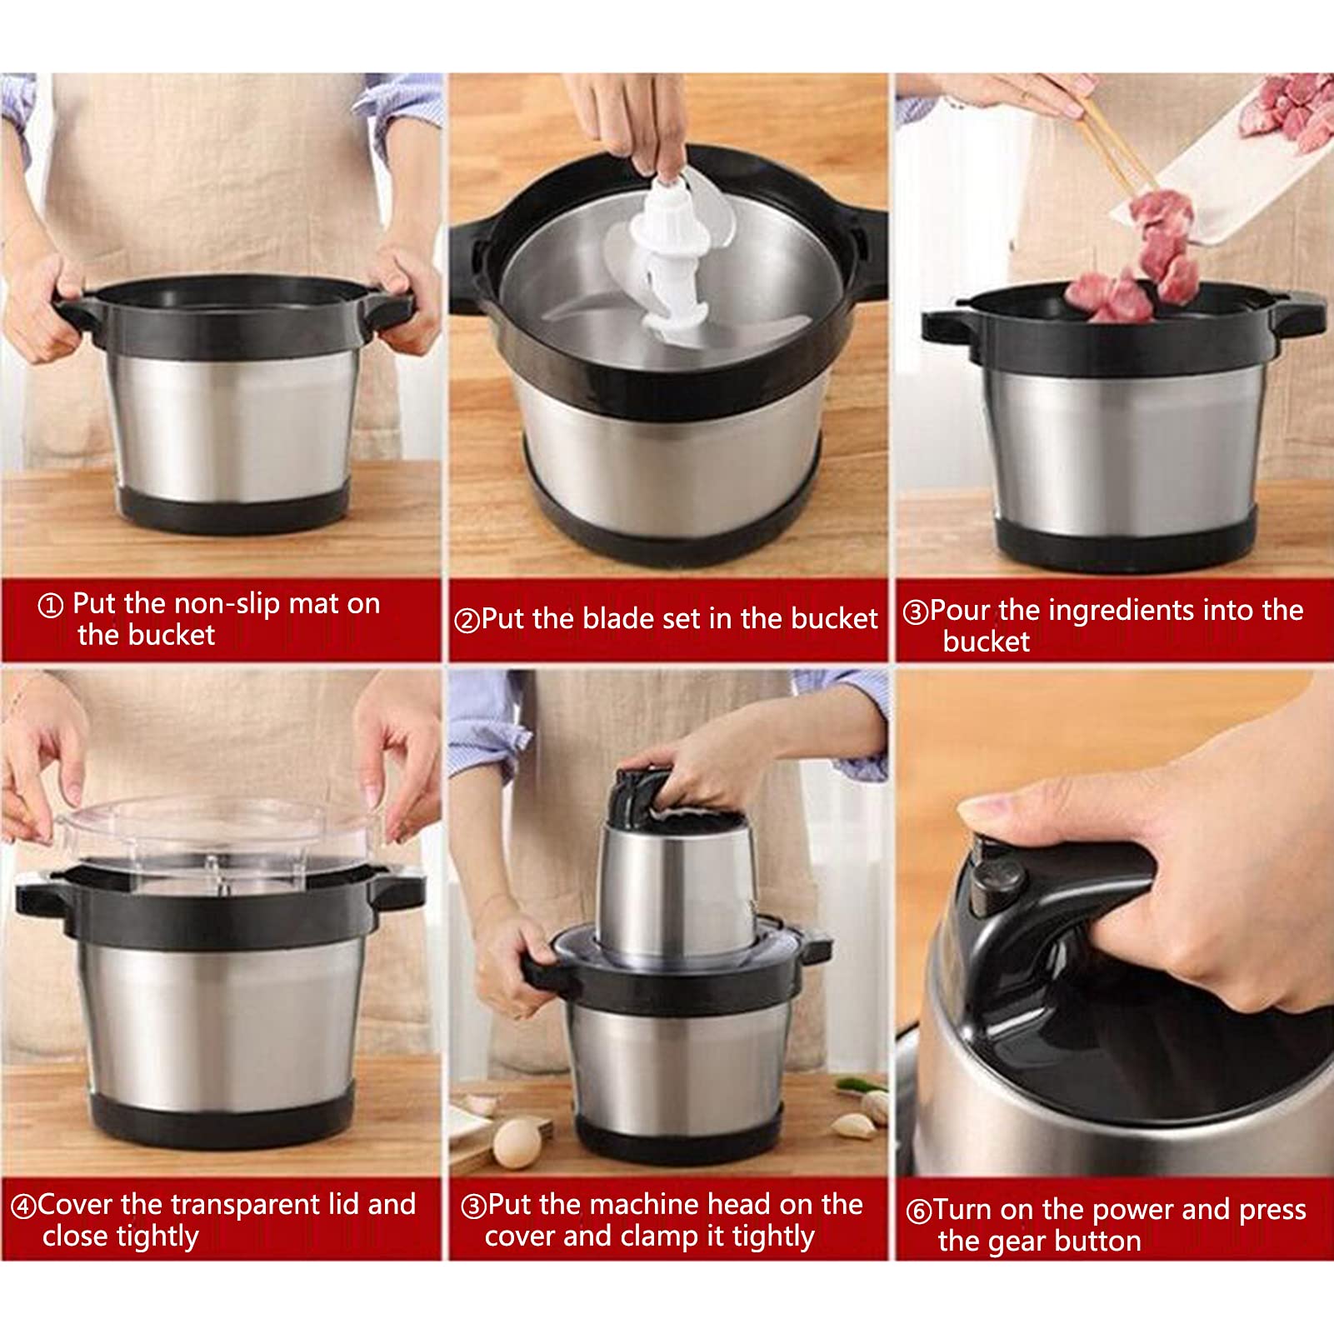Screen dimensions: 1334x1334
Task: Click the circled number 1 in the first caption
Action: [x=51, y=606]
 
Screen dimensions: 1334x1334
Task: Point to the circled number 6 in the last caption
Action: [x=918, y=1211]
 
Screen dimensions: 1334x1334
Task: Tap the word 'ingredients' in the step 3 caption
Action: [x=1120, y=611]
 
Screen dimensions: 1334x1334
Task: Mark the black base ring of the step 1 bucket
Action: [x=232, y=509]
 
